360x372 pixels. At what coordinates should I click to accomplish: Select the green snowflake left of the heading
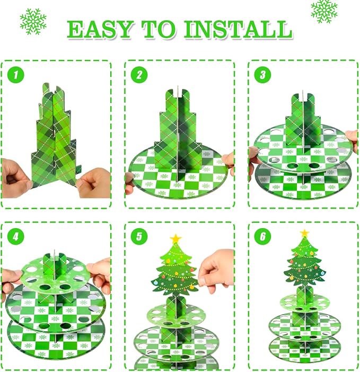coord(33,22)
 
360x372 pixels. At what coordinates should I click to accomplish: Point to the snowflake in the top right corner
coord(324,11)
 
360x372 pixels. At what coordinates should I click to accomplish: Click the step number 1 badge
coord(16,75)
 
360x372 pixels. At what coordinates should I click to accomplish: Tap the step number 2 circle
coord(139,75)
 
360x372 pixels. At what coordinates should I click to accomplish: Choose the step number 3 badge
coord(262,75)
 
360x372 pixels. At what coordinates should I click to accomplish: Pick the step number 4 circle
coord(16,236)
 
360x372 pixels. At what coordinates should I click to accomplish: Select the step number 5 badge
coord(139,236)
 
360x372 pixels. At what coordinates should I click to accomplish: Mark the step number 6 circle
coord(262,236)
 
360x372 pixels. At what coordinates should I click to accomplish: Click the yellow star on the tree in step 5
coord(175,238)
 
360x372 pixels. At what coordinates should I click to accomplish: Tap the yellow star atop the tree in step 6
coord(304,233)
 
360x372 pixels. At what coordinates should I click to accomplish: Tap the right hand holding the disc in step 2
coord(228,161)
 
